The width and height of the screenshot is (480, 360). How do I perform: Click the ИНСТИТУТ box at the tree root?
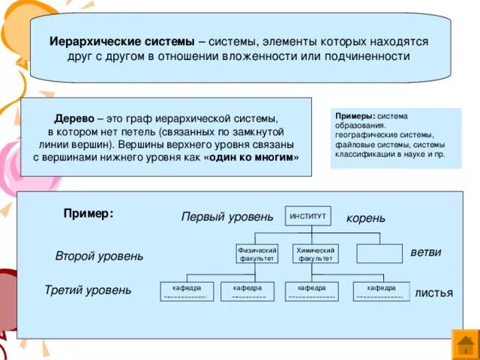pyautogui.click(x=308, y=216)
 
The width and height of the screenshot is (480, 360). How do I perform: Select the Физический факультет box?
pyautogui.click(x=257, y=253)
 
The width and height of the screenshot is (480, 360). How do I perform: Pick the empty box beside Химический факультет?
pyautogui.click(x=379, y=253)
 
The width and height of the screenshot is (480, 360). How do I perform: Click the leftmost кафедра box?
pyautogui.click(x=187, y=291)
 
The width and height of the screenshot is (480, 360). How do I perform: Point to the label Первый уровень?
pyautogui.click(x=227, y=217)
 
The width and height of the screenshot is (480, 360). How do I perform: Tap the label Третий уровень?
pyautogui.click(x=88, y=290)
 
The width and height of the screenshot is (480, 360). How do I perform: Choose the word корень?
pyautogui.click(x=366, y=218)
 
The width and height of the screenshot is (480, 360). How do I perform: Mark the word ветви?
pyautogui.click(x=426, y=253)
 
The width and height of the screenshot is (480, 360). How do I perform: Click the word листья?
pyautogui.click(x=433, y=292)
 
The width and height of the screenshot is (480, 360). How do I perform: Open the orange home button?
pyautogui.click(x=466, y=344)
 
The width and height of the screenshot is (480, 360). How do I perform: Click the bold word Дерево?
pyautogui.click(x=74, y=119)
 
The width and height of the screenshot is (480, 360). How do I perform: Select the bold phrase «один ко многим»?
pyautogui.click(x=250, y=157)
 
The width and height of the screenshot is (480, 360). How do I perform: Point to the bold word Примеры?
pyautogui.click(x=355, y=117)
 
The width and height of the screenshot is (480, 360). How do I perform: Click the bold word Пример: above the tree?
pyautogui.click(x=88, y=214)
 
